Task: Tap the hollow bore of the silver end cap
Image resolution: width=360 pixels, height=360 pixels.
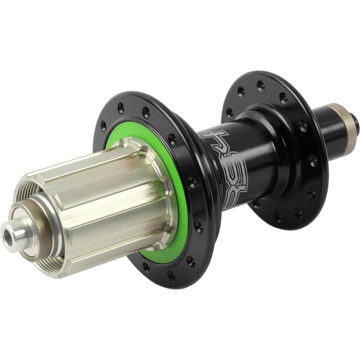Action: pyautogui.click(x=8, y=236)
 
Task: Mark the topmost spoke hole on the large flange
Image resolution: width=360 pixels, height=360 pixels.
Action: pyautogui.click(x=121, y=108)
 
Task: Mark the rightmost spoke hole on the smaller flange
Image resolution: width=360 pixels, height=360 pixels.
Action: pyautogui.click(x=313, y=160)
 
